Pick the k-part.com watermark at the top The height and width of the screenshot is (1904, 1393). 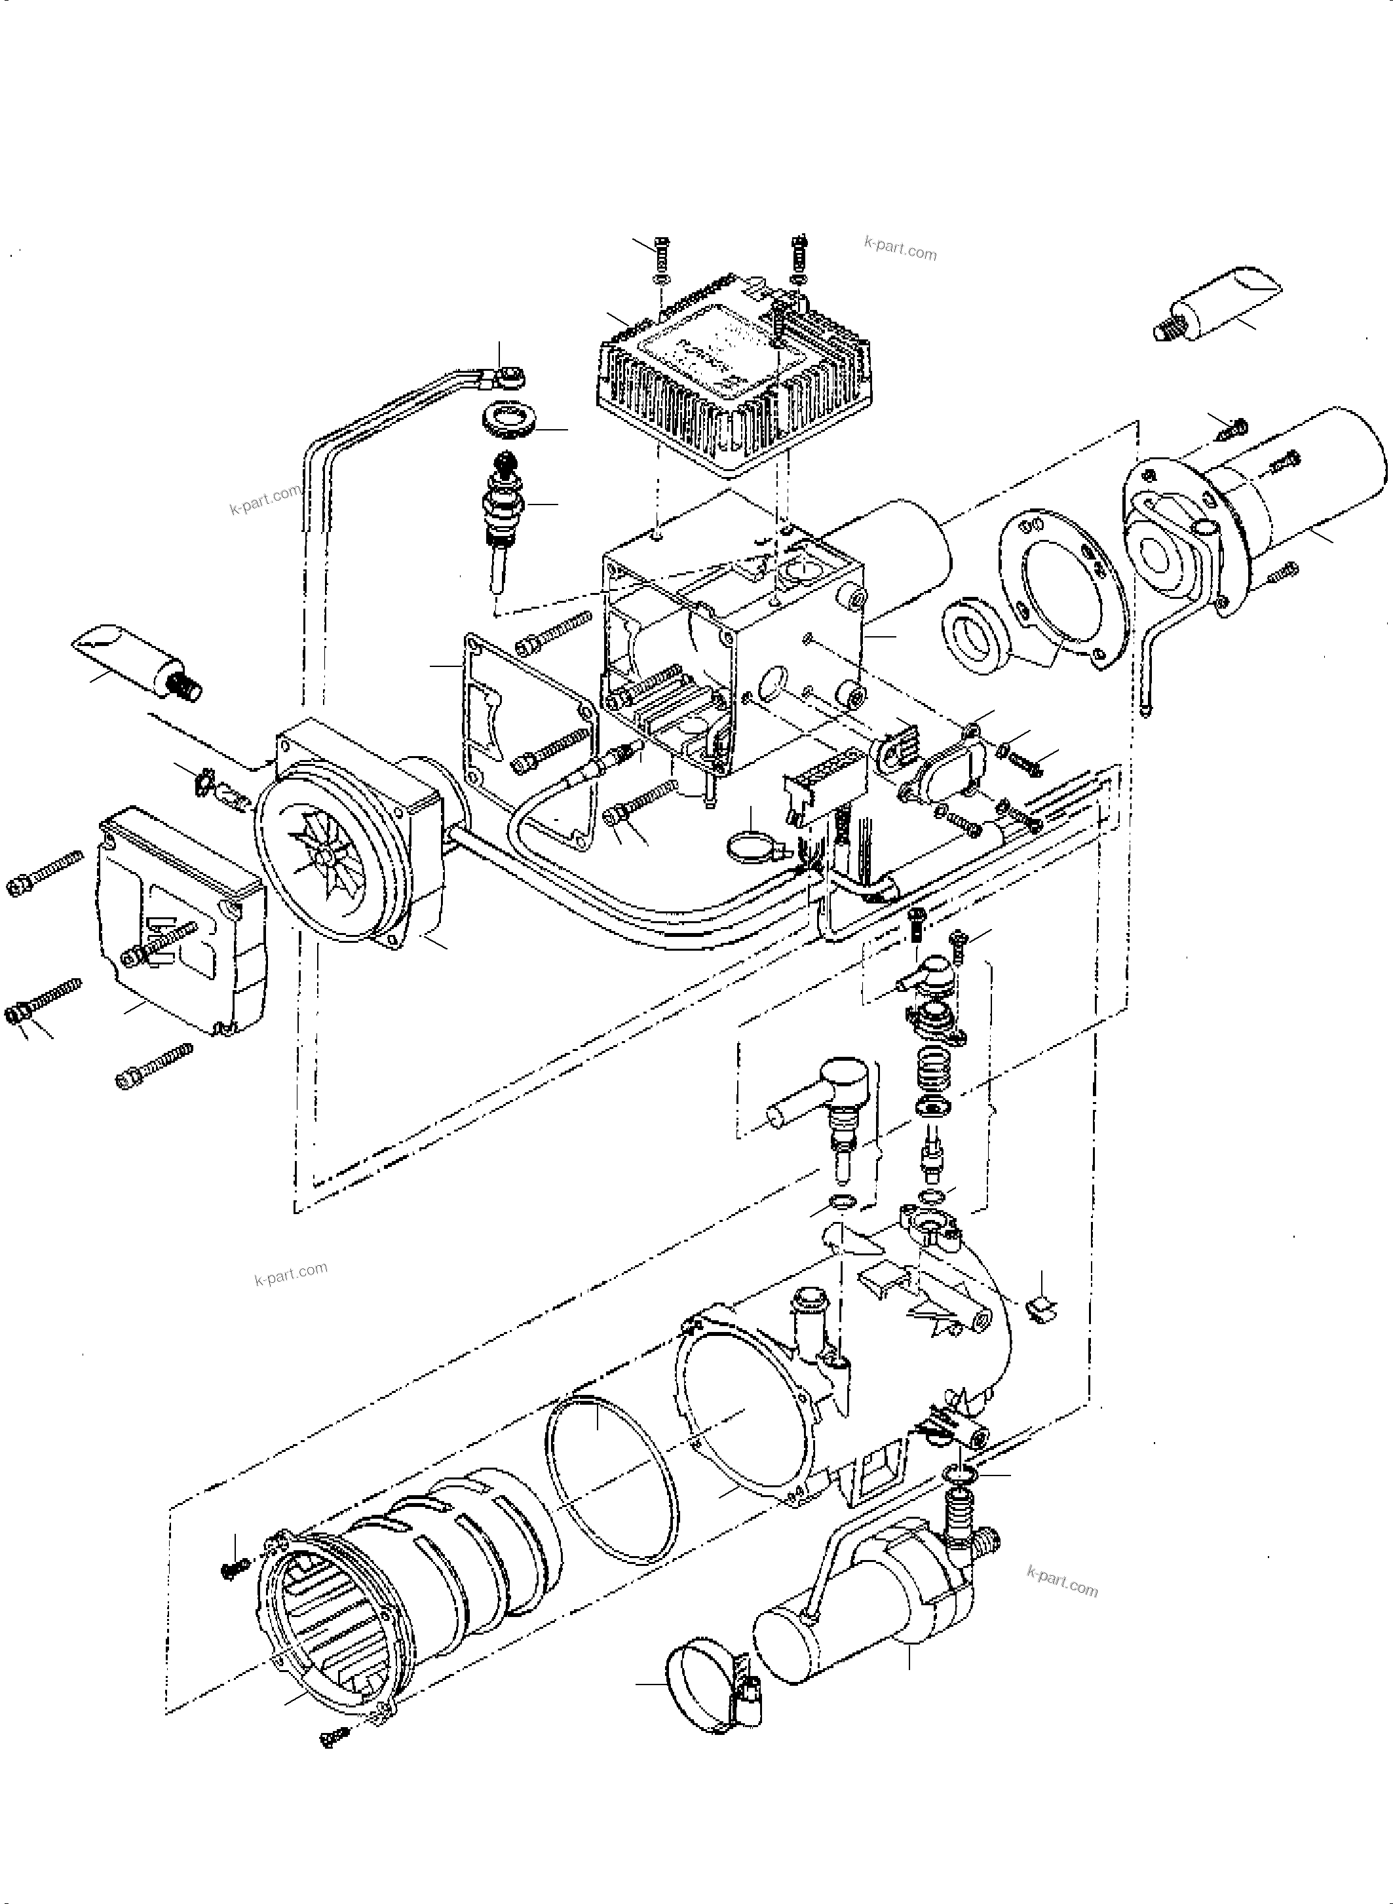coord(900,249)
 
